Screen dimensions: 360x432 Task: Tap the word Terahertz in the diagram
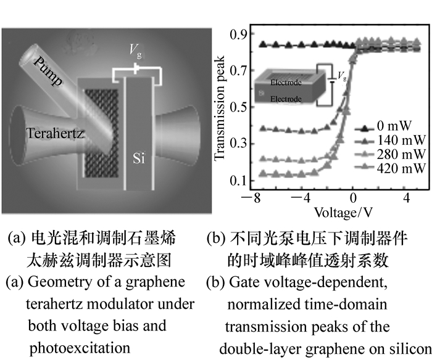pyautogui.click(x=56, y=132)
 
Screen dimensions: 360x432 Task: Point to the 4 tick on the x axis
pyautogui.click(x=407, y=198)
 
